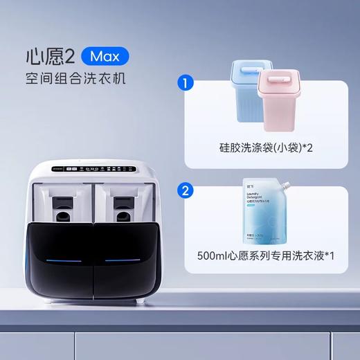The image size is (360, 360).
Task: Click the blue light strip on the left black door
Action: [61, 260]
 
